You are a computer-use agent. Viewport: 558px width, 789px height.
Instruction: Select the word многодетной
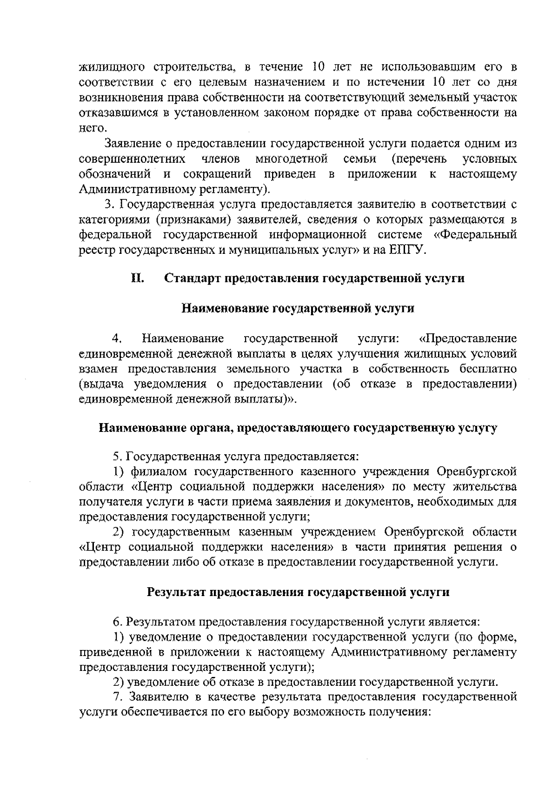tap(292, 159)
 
